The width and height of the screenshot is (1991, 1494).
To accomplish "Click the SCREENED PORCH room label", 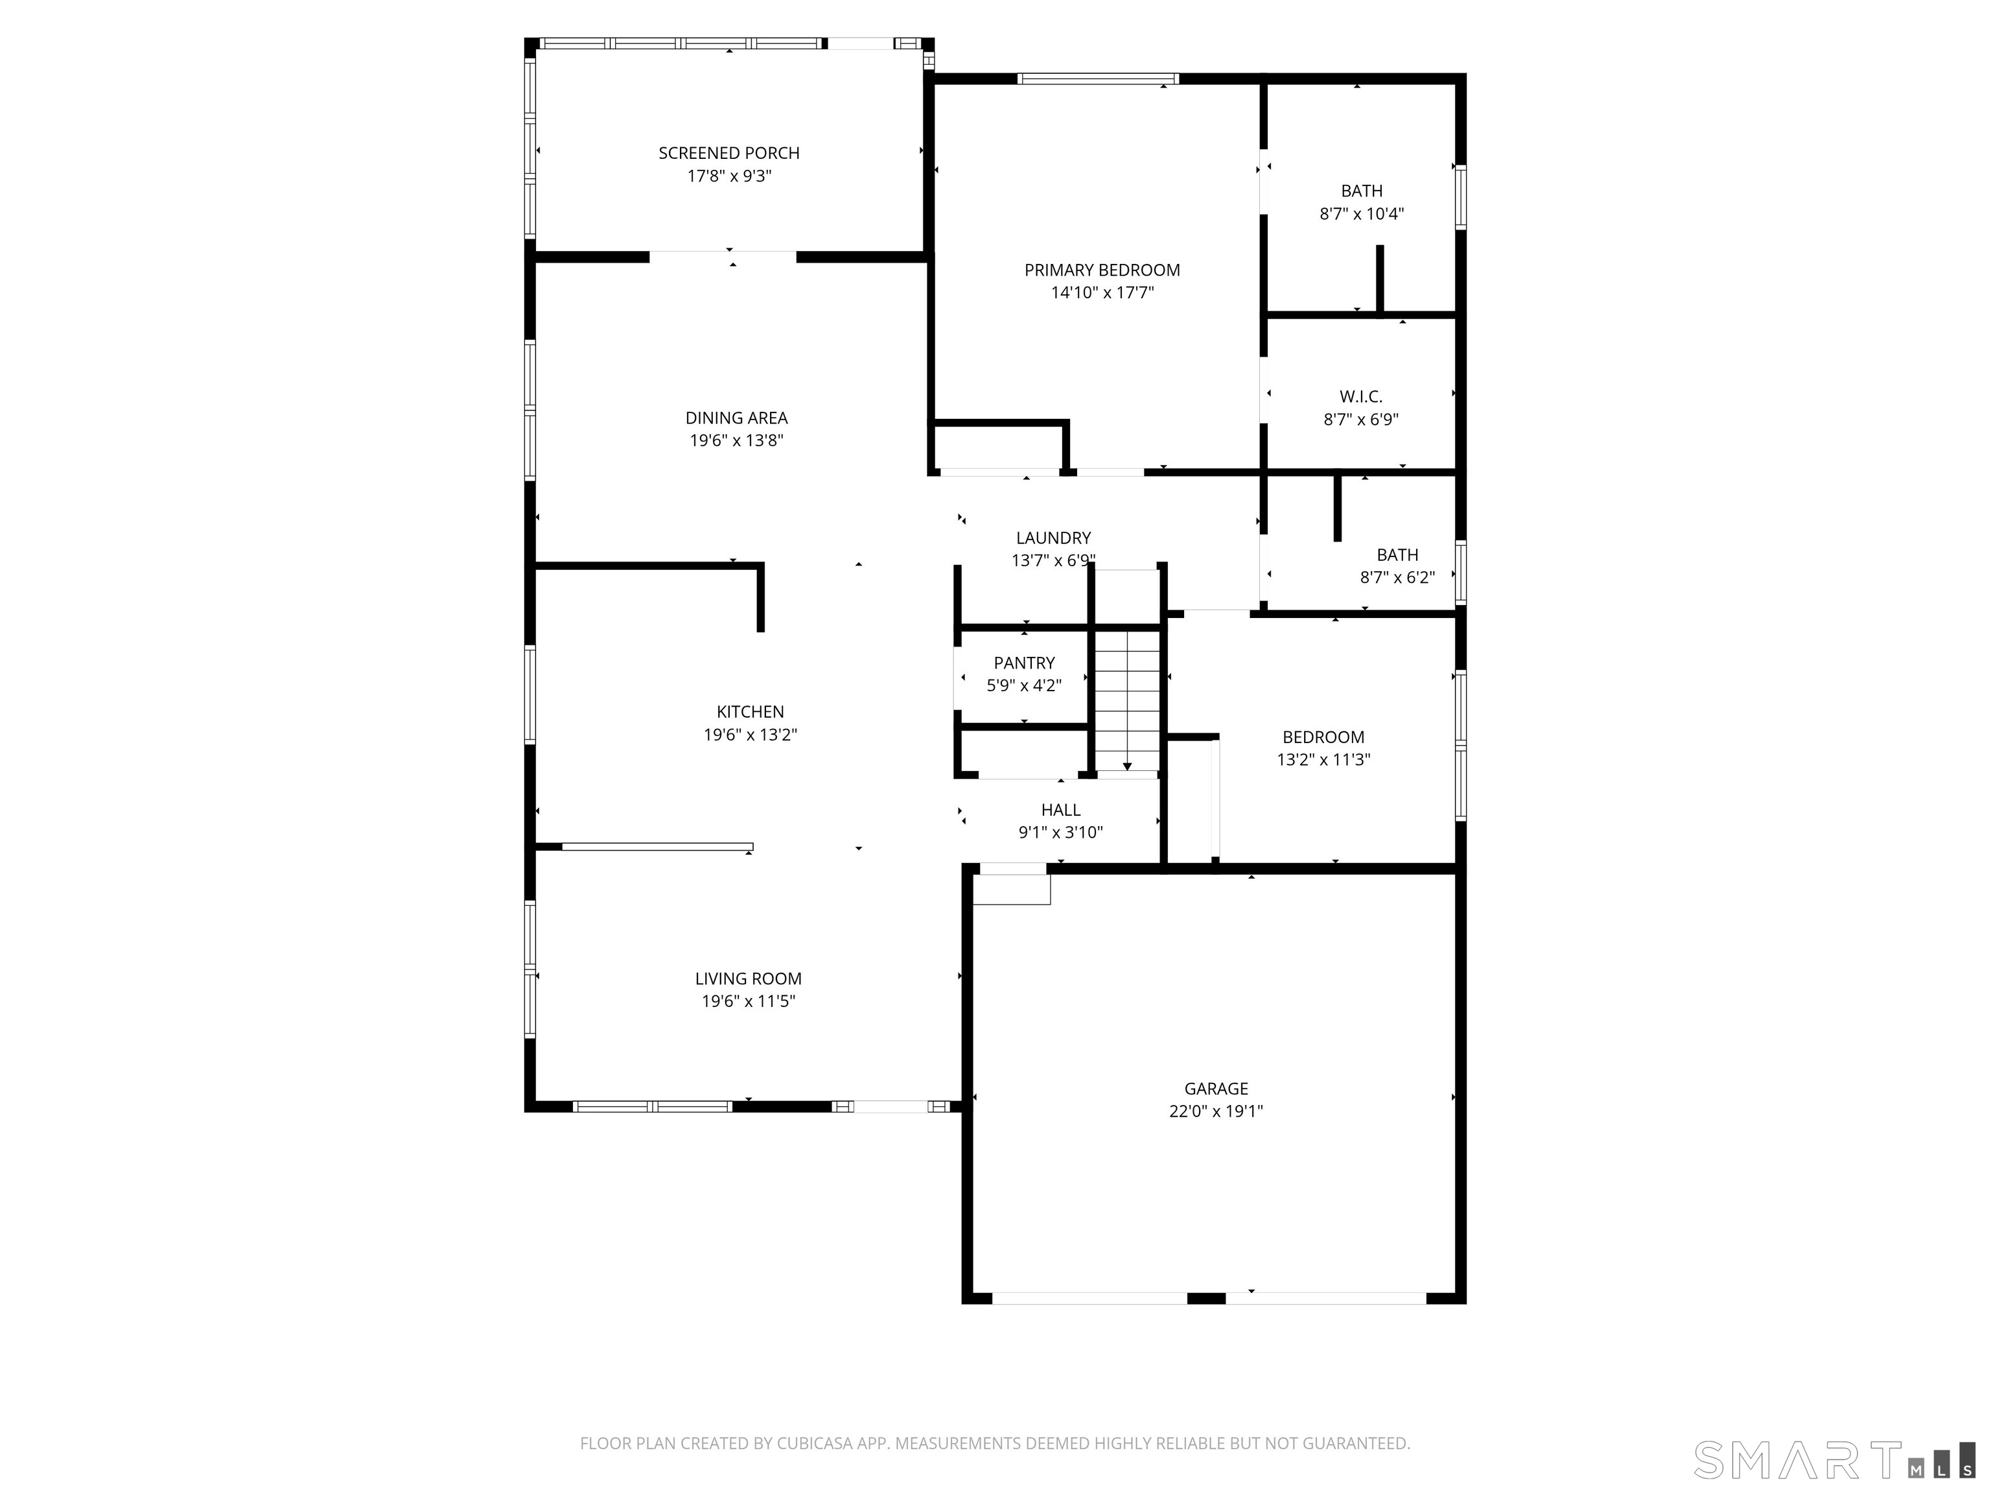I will pyautogui.click(x=728, y=153).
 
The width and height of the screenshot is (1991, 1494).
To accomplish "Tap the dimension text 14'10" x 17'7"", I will pyautogui.click(x=1102, y=292).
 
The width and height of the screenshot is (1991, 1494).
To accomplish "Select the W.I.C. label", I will pyautogui.click(x=1360, y=396).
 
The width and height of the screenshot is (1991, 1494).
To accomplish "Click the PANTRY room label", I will pyautogui.click(x=1023, y=663).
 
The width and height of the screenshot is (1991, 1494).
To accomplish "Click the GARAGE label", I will pyautogui.click(x=1215, y=1089).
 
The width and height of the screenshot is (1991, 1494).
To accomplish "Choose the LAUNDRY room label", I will pyautogui.click(x=1053, y=538).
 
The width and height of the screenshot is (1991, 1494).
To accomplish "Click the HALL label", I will pyautogui.click(x=1060, y=810).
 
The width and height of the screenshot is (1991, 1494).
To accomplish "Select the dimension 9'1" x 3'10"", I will pyautogui.click(x=1060, y=832).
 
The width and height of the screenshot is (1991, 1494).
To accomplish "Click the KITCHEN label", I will pyautogui.click(x=750, y=711).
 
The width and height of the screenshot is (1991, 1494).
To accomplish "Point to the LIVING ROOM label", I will pyautogui.click(x=747, y=978).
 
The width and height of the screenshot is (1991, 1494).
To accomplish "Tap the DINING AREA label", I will pyautogui.click(x=736, y=418).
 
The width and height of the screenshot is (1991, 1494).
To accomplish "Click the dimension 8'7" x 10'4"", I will pyautogui.click(x=1361, y=213).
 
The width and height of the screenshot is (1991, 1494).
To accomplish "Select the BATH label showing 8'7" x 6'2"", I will pyautogui.click(x=1397, y=554).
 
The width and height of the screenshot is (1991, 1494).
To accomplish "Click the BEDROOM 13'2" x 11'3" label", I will pyautogui.click(x=1323, y=737).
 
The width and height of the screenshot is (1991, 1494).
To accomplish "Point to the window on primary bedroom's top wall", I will pyautogui.click(x=1097, y=79).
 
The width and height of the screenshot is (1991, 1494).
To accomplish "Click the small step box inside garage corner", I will pyautogui.click(x=1012, y=889).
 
